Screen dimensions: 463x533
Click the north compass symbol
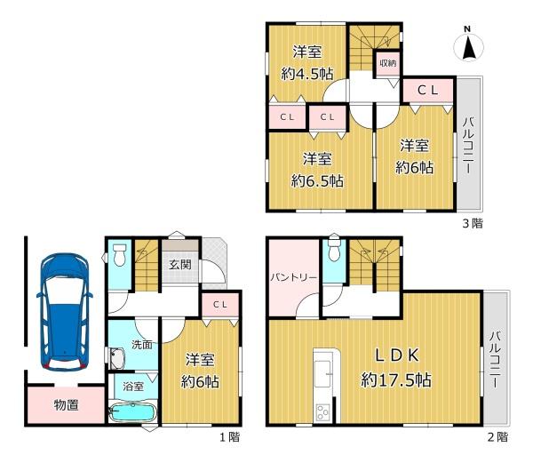tap(469, 44)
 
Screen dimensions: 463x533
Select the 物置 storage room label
tap(65, 407)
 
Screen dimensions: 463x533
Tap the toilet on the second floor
tap(333, 250)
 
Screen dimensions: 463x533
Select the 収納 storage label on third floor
tap(387, 63)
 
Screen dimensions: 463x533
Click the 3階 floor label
tap(471, 223)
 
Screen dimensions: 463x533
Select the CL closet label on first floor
tap(221, 304)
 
